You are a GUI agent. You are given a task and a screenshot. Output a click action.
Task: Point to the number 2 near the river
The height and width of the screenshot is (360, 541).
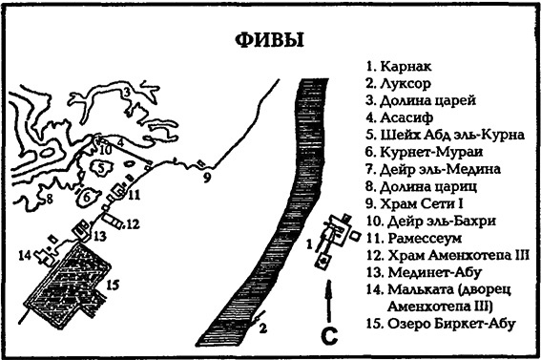(x=259, y=329)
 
